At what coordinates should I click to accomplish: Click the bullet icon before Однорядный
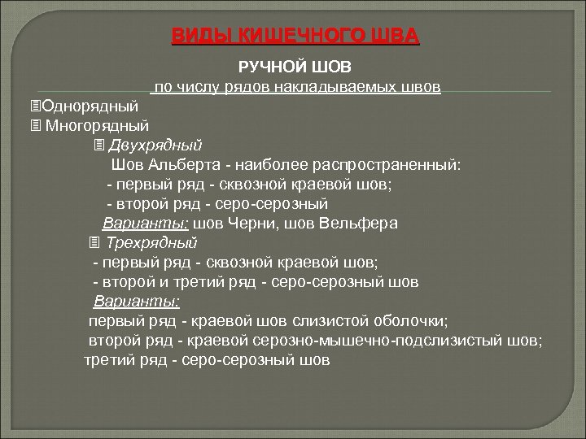[33, 106]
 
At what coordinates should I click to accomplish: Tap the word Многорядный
[97, 125]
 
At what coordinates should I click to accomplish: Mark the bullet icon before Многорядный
[33, 125]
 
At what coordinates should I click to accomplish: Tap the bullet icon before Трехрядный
[94, 242]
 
